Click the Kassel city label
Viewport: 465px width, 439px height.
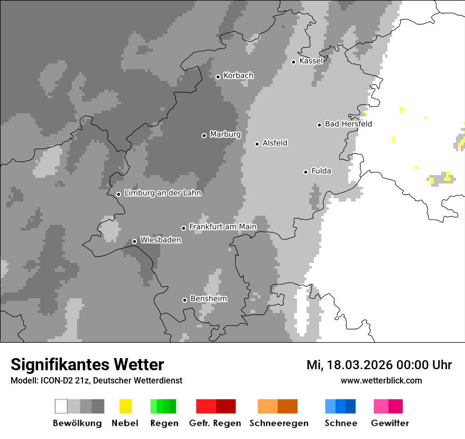tap(311, 61)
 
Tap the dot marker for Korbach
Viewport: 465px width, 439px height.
tap(218, 77)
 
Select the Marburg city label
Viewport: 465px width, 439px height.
tap(225, 134)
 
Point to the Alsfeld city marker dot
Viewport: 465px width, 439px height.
tap(257, 144)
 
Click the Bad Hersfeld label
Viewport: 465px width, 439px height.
tap(348, 124)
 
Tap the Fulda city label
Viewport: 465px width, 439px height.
tap(321, 171)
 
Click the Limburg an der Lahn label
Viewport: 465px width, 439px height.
tap(162, 193)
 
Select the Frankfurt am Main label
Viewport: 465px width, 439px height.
tap(222, 227)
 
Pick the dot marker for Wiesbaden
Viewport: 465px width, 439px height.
tap(134, 241)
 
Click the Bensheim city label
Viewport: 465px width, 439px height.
tap(208, 299)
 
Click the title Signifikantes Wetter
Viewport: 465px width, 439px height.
tap(87, 364)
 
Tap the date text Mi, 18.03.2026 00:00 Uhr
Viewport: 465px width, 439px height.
tap(379, 365)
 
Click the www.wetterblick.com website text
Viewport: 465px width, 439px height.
tap(381, 380)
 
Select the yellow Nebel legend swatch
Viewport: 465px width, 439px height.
tap(125, 406)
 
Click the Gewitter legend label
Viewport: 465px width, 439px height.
tap(389, 423)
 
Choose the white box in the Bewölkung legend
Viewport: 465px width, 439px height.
tap(61, 406)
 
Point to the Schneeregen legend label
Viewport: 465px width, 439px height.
tap(278, 423)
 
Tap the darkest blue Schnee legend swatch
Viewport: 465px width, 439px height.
tap(351, 406)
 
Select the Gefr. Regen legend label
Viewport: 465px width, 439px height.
tap(215, 423)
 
